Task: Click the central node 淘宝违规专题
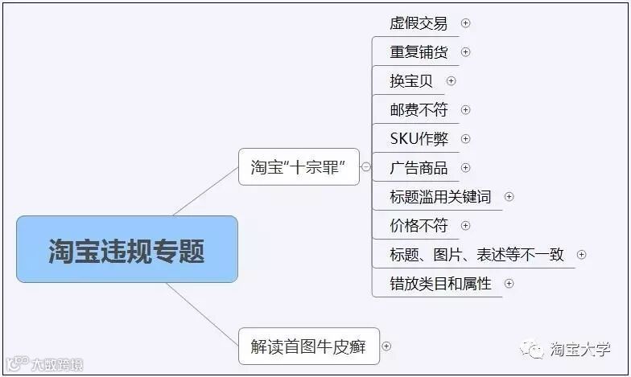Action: pos(126,249)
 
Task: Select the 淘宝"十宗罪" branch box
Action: pos(299,167)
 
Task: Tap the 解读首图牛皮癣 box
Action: pos(308,346)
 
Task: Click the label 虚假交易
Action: pos(419,23)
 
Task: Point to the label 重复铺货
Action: pos(419,52)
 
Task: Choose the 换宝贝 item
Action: pos(411,81)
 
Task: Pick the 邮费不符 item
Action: pos(419,110)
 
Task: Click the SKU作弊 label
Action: pos(419,139)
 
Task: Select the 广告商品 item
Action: pos(419,168)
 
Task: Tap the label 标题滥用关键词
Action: pos(440,197)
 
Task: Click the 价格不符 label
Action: pos(419,226)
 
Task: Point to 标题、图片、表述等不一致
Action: pos(476,255)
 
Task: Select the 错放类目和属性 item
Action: pos(440,284)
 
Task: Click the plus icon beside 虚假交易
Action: pos(465,23)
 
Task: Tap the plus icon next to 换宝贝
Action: pos(451,81)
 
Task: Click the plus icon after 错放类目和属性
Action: pos(509,284)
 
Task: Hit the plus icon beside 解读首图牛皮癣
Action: pos(386,346)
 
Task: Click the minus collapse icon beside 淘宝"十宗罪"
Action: pos(366,167)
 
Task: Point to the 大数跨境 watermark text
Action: pos(56,364)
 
